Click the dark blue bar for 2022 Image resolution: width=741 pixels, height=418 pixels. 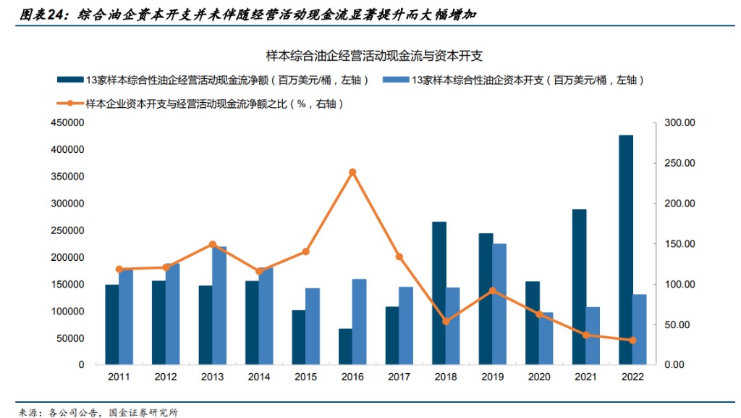[x=626, y=250]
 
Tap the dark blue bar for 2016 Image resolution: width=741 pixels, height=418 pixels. [x=346, y=346]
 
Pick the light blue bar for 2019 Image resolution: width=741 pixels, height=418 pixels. [x=499, y=304]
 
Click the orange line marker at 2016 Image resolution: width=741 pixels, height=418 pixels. [x=352, y=172]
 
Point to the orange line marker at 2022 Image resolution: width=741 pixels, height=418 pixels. [x=632, y=340]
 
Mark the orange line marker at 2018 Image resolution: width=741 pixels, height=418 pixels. [x=446, y=321]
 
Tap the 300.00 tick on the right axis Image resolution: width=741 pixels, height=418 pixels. [x=679, y=123]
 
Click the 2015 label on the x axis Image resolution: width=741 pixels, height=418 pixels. [x=305, y=377]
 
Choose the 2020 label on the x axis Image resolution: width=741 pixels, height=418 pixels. [x=539, y=377]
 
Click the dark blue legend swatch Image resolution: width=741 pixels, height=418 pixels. [x=70, y=80]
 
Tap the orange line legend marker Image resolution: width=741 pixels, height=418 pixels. [x=70, y=104]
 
